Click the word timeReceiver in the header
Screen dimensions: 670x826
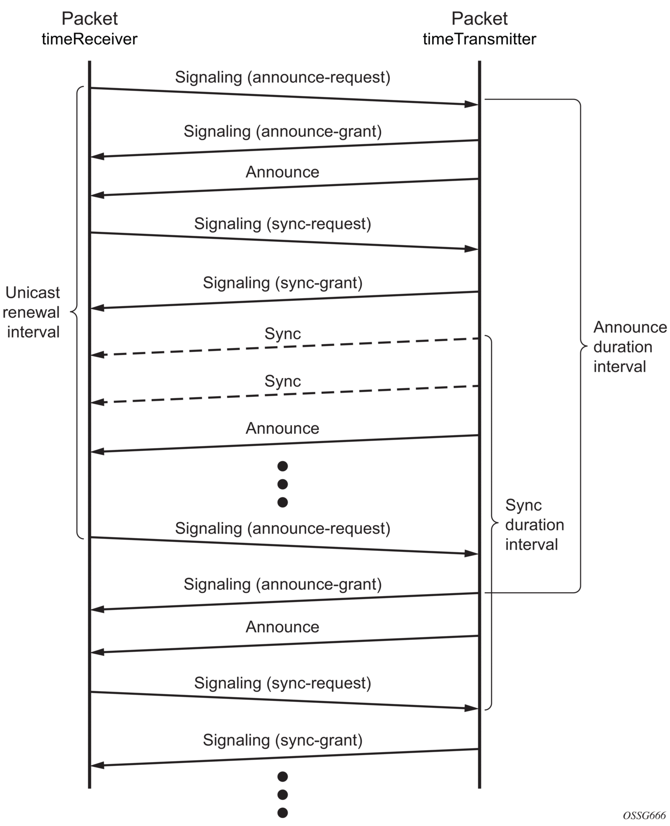[89, 39]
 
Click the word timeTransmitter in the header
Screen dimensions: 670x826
[479, 39]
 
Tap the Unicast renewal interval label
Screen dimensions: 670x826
[33, 312]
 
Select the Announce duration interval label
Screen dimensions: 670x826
[630, 347]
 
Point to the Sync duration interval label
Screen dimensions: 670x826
[535, 525]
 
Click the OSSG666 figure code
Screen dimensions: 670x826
[644, 815]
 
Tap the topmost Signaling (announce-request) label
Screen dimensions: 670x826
[283, 77]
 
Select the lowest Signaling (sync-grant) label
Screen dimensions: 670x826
[283, 740]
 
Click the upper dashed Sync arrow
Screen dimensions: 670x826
[285, 347]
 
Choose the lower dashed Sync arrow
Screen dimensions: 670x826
[285, 394]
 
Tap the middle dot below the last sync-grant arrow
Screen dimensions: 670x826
[282, 794]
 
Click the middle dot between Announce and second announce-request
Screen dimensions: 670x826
[282, 484]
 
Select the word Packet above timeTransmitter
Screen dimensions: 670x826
[479, 19]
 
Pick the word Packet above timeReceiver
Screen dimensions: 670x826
[89, 19]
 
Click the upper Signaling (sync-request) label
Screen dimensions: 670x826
[283, 223]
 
